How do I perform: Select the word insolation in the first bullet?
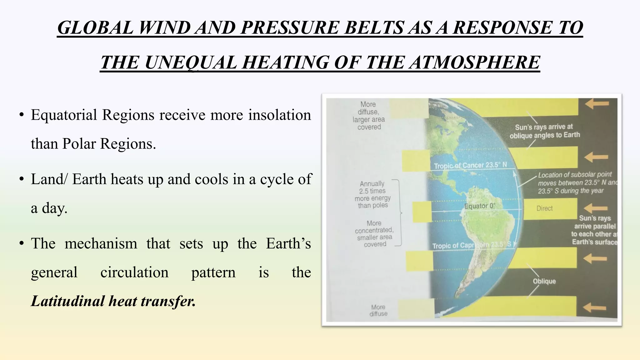click(x=279, y=115)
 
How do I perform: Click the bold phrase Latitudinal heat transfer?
click(x=113, y=301)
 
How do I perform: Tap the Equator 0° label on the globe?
click(x=480, y=206)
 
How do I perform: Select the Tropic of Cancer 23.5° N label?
click(x=470, y=165)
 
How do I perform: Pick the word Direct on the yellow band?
click(x=544, y=208)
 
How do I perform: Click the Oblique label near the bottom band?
click(x=544, y=281)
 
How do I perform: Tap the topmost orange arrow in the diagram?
click(x=597, y=104)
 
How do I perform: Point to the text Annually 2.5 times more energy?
click(x=372, y=194)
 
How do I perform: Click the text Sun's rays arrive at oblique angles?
click(x=544, y=131)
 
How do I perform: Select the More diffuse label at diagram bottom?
click(x=378, y=310)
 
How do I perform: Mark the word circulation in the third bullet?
click(x=134, y=272)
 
